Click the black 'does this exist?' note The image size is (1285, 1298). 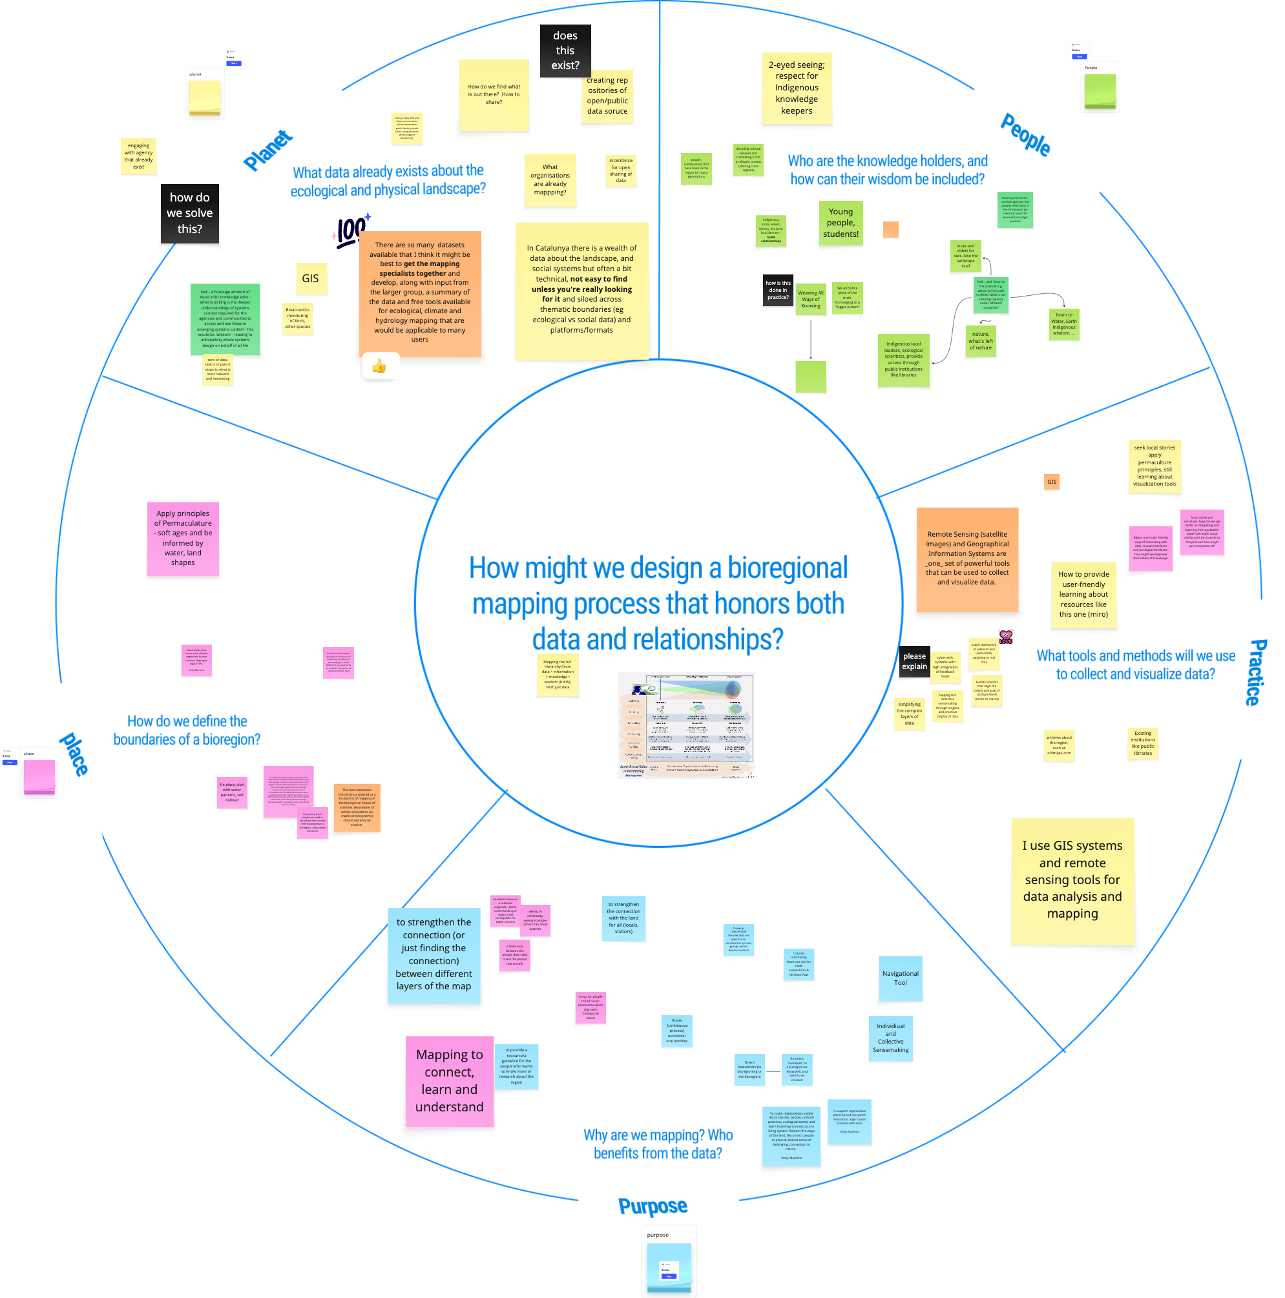click(565, 50)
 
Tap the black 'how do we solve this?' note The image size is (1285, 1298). click(189, 213)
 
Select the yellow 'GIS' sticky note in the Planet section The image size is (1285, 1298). click(310, 278)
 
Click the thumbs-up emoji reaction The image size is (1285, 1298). click(379, 367)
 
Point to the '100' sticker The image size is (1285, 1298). click(351, 231)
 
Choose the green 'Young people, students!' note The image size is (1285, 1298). click(840, 222)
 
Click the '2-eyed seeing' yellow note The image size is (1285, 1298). click(797, 88)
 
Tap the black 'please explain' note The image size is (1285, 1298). click(914, 661)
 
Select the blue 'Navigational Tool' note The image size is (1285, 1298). click(900, 978)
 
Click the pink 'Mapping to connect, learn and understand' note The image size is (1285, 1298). click(449, 1080)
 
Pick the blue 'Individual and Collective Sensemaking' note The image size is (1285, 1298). click(890, 1037)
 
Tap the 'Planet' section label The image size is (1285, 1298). click(267, 150)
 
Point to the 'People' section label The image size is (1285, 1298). click(1025, 135)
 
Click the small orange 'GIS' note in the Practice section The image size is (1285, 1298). click(1051, 482)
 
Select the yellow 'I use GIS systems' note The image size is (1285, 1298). click(1072, 880)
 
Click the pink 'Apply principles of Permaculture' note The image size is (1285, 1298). click(183, 538)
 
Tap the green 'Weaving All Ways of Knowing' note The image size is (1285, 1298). click(811, 299)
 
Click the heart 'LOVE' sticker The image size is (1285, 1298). click(1005, 636)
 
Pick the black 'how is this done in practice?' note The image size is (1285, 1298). click(778, 290)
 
